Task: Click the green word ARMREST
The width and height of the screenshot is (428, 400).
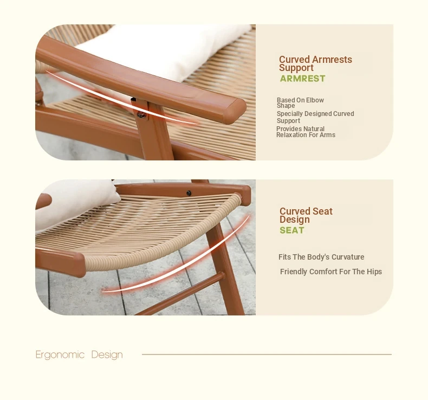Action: coord(302,79)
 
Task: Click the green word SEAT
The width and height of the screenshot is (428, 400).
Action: coord(292,230)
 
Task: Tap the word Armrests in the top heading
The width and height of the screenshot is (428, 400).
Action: coord(332,60)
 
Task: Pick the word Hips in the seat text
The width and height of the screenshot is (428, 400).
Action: coord(374,272)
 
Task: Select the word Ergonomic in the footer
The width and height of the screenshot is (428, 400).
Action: coord(60,355)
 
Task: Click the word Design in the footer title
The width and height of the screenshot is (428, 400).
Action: coord(107,355)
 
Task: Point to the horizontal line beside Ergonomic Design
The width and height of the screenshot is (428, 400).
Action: coord(267,354)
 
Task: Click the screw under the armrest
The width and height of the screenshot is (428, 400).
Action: coord(141,115)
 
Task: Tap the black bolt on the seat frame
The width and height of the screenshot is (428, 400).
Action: coord(189,193)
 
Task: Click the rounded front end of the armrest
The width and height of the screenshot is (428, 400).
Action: coord(235,111)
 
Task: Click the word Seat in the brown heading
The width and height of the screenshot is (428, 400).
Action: coord(322,211)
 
